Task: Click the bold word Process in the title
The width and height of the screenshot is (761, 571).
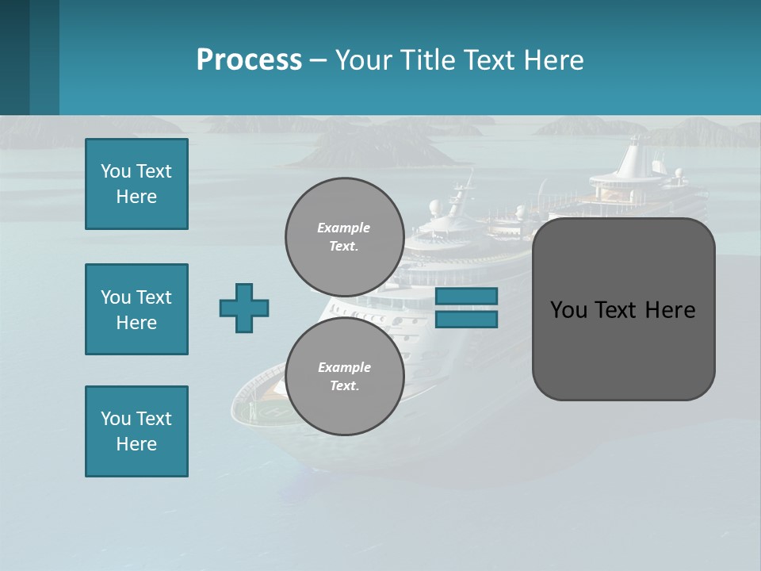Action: (x=249, y=60)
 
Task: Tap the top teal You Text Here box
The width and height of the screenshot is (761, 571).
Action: (x=136, y=184)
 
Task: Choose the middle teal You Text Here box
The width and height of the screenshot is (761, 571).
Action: (x=136, y=309)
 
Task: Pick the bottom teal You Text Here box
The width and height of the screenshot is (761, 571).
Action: (x=136, y=431)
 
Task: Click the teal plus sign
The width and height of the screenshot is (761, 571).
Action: (x=244, y=308)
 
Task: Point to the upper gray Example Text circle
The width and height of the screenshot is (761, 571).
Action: (x=344, y=237)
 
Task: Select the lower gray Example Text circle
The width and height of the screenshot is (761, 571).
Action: (x=344, y=376)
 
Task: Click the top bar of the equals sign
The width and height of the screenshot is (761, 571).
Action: (x=466, y=296)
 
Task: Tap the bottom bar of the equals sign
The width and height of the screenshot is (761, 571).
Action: (x=466, y=320)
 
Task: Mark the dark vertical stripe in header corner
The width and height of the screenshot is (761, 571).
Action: (x=14, y=57)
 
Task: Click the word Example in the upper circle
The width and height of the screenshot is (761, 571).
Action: (x=344, y=228)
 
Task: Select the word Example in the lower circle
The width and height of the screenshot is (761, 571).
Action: (x=344, y=367)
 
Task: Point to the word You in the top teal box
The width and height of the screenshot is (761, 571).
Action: (x=115, y=171)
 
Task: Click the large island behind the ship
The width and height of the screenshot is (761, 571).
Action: (x=373, y=147)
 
